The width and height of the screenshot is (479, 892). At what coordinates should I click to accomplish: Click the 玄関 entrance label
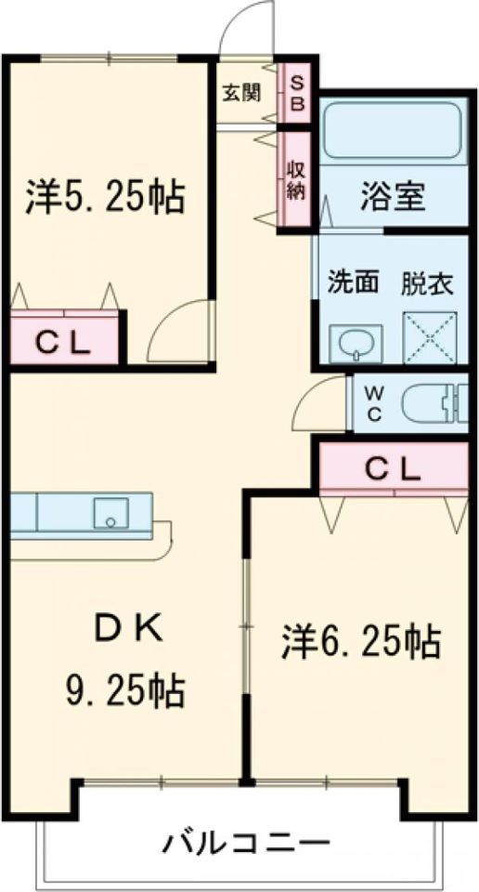pyautogui.click(x=240, y=93)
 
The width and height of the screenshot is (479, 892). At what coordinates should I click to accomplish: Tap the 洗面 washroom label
pyautogui.click(x=354, y=283)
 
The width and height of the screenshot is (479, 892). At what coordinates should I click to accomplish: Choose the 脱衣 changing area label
pyautogui.click(x=428, y=283)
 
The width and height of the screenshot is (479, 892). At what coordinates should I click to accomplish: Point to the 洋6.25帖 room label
pyautogui.click(x=360, y=641)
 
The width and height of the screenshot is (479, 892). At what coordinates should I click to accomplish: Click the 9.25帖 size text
pyautogui.click(x=123, y=689)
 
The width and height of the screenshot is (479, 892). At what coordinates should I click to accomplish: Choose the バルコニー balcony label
pyautogui.click(x=248, y=845)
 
